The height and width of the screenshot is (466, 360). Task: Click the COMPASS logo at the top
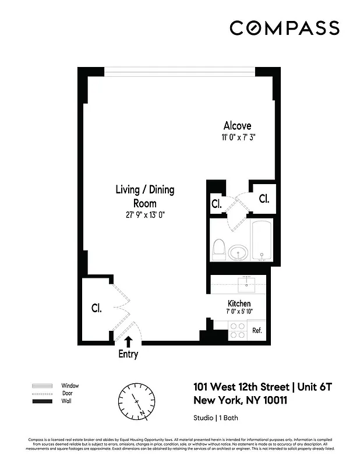coord(284,28)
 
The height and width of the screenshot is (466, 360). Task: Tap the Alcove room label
coord(237,126)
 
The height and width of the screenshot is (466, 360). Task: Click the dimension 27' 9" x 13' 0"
coord(144,214)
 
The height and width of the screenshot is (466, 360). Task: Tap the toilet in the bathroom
coord(220,250)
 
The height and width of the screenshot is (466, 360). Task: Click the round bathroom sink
coord(238,253)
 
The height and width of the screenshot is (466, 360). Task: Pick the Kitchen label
coord(239,303)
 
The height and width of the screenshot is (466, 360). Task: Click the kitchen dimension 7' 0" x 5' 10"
coord(239,312)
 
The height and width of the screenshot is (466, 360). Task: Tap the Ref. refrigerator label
coord(257,330)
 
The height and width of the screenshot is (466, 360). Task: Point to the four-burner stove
coord(237,330)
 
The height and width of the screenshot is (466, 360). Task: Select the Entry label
coord(128,354)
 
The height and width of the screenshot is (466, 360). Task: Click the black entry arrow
coord(128,341)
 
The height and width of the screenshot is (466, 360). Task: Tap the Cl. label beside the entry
coord(96,309)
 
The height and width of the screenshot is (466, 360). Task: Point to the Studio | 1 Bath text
coord(216,418)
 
